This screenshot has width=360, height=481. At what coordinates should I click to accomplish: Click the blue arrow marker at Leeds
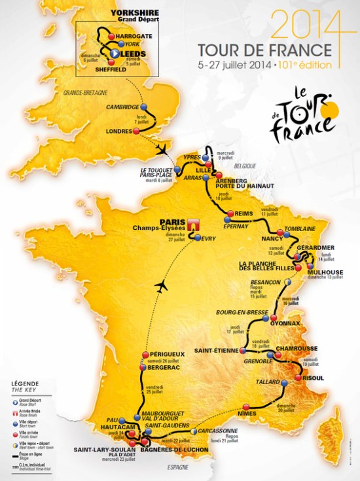point(114,53)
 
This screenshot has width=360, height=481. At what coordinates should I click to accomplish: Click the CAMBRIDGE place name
point(122,107)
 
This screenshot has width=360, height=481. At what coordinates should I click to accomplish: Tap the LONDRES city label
point(119,131)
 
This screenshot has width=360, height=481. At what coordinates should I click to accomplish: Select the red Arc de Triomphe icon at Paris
point(192,224)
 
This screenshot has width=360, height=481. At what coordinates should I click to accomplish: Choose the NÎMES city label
point(249,414)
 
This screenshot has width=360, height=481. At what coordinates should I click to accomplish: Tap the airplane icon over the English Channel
point(161,151)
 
